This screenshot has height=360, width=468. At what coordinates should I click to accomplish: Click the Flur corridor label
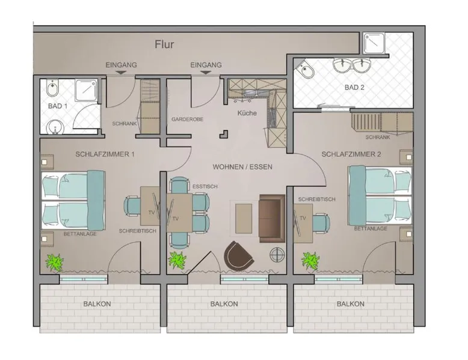click(x=164, y=44)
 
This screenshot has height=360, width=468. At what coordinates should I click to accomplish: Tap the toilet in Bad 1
click(x=52, y=88)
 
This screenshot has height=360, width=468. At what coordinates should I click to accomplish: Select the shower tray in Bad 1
click(x=86, y=90)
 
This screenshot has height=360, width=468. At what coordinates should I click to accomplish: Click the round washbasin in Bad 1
click(x=55, y=127)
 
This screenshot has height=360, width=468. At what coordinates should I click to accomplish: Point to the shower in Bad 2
click(x=374, y=43)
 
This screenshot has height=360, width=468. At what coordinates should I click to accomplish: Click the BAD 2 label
click(x=354, y=88)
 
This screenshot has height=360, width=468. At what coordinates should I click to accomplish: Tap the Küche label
click(x=247, y=113)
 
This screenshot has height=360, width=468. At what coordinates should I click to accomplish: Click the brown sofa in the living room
click(x=272, y=218)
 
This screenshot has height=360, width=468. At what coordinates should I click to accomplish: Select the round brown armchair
click(x=238, y=255)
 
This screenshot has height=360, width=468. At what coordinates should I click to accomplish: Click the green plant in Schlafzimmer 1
click(x=55, y=263)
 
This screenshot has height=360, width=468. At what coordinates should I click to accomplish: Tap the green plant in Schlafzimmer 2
click(x=310, y=261)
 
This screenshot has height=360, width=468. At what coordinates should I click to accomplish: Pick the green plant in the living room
click(x=177, y=260)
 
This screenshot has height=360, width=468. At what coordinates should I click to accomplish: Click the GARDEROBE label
click(x=188, y=120)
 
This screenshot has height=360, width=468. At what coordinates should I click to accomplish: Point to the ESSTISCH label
click(x=205, y=187)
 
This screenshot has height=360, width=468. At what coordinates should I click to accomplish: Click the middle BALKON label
click(x=224, y=304)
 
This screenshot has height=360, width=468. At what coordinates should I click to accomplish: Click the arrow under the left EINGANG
click(x=121, y=72)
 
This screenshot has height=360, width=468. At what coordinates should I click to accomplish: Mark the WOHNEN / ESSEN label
click(x=242, y=167)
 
